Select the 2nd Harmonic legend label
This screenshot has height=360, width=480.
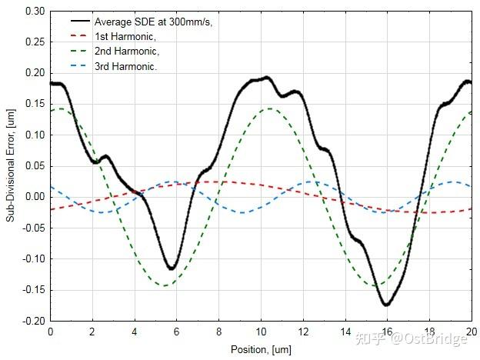coord(126,51)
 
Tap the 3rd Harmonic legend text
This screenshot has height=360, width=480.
coord(125,66)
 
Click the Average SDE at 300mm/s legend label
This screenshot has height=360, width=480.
coord(153,22)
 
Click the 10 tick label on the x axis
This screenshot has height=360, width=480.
coord(261,331)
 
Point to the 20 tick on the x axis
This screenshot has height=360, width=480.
coord(471,331)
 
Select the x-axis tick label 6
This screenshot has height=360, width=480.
coord(176,331)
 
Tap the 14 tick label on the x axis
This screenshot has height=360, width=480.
coord(345,331)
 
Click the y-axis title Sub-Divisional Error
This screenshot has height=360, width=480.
coord(11,166)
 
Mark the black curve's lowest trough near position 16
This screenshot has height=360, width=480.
coord(386,305)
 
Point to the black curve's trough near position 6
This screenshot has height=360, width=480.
coord(172,268)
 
